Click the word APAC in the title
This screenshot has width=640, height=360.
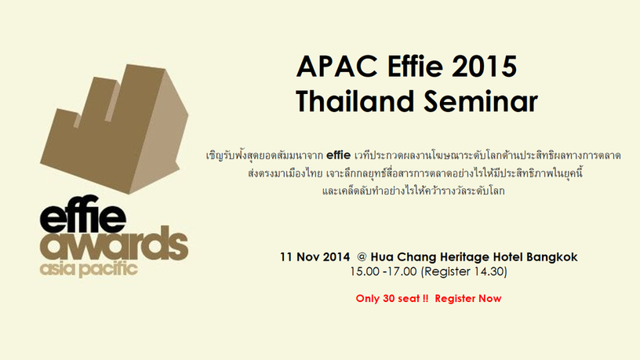click(337, 66)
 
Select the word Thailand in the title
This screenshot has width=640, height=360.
click(355, 101)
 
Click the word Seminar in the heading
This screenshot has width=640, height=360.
click(481, 101)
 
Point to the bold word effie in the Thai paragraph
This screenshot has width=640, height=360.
click(338, 155)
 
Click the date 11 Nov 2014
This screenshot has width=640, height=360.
click(315, 257)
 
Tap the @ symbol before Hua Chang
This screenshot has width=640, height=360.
click(362, 257)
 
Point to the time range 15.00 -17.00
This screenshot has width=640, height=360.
click(384, 271)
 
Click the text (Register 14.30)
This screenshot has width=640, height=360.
click(464, 272)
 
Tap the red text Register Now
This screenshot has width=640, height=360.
click(467, 299)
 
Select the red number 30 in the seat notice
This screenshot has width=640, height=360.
click(388, 298)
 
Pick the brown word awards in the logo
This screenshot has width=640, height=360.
click(115, 244)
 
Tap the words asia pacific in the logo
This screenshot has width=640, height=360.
click(89, 269)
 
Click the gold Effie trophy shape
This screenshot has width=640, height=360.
click(115, 129)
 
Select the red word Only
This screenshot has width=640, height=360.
click(368, 299)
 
